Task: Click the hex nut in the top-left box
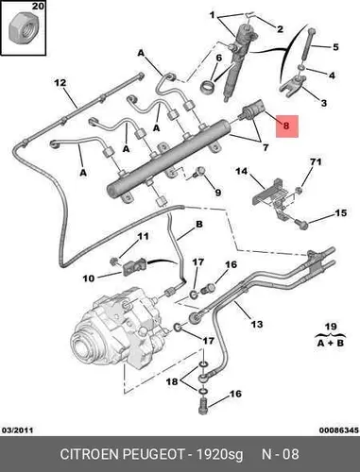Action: (23, 30)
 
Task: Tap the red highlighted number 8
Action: (286, 126)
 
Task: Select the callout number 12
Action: (60, 83)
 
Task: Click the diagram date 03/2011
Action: (18, 430)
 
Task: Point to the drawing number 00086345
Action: (339, 430)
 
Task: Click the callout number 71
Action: (316, 161)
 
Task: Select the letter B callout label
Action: (199, 225)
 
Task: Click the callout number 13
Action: (257, 324)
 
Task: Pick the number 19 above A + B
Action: (331, 327)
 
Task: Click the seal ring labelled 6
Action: (208, 85)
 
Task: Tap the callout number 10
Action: (89, 278)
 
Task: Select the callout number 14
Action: (242, 172)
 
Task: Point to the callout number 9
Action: (218, 193)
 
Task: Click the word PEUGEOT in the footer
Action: (153, 454)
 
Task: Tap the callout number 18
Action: (172, 381)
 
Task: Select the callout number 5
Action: (335, 47)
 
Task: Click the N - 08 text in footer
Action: (281, 454)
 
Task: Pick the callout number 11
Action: (144, 236)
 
